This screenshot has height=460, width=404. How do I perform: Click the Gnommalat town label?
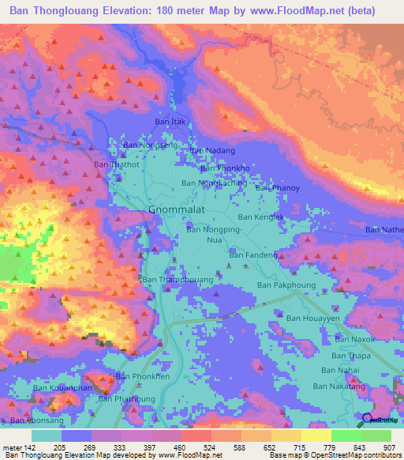click(x=178, y=209)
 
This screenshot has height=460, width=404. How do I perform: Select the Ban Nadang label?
click(x=212, y=150)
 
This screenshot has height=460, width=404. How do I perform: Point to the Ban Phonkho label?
click(x=225, y=168)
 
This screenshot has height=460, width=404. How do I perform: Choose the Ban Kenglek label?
click(x=260, y=217)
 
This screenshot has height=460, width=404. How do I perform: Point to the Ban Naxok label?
click(x=353, y=338)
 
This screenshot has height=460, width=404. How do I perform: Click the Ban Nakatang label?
click(x=339, y=386)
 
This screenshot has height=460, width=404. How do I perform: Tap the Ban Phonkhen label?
click(x=143, y=376)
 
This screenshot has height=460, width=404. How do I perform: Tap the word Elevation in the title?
click(x=128, y=11)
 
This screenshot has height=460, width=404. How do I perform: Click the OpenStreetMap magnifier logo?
click(x=367, y=420)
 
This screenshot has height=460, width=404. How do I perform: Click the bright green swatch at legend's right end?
click(x=376, y=435)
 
